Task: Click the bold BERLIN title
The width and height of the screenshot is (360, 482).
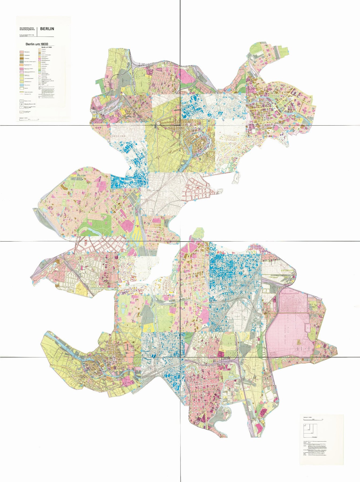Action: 47,29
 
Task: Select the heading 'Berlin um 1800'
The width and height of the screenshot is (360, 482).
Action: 37,44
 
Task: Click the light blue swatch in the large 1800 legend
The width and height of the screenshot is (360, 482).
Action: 22,85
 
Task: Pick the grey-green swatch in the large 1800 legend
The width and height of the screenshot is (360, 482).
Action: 22,62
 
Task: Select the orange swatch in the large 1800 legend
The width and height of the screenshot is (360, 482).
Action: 22,65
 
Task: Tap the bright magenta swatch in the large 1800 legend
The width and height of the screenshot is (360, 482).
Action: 22,69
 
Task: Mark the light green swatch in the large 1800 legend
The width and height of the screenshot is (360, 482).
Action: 22,75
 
